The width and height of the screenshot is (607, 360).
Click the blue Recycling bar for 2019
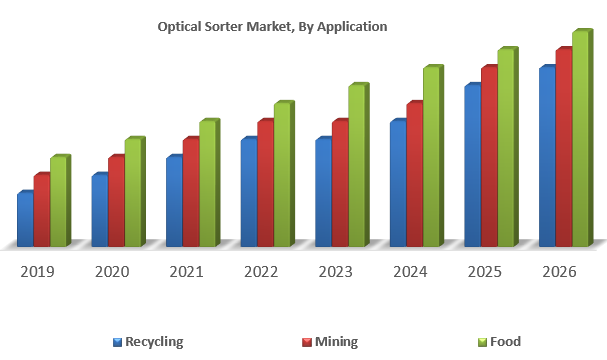click(25, 220)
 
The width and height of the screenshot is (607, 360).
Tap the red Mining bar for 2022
click(265, 184)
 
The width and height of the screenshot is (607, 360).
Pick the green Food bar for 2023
click(356, 166)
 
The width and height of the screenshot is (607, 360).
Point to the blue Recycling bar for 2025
click(472, 166)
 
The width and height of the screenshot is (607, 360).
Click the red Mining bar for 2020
click(116, 202)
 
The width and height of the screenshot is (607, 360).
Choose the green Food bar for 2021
click(207, 184)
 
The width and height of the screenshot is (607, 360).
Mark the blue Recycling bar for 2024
click(398, 184)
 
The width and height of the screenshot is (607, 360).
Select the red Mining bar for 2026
click(564, 148)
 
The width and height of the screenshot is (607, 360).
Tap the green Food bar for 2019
click(58, 202)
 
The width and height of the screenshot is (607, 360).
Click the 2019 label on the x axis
click(38, 272)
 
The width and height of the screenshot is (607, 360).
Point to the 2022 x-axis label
click(261, 272)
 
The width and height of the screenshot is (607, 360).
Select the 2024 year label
click(410, 272)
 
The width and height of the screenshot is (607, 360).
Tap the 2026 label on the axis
click(558, 272)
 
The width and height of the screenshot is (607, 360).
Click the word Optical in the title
click(181, 27)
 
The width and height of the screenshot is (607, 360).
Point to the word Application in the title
click(350, 27)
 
